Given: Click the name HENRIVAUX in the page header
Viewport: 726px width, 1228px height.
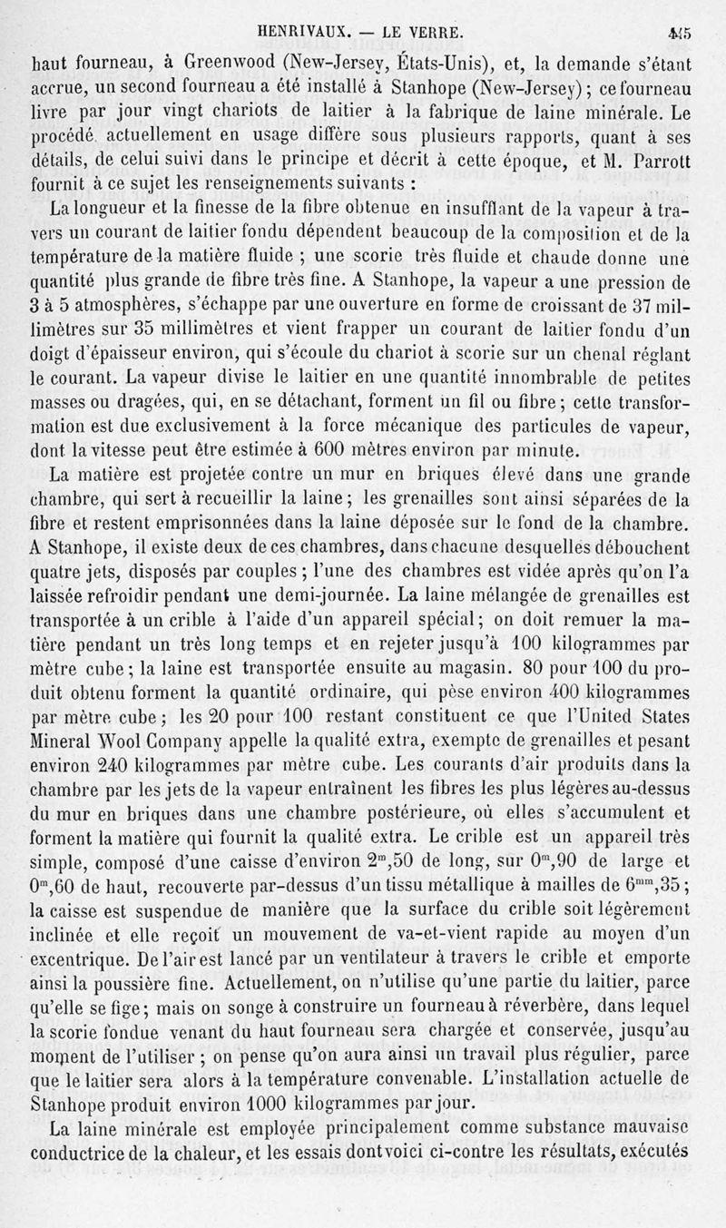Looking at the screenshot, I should [304, 34].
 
